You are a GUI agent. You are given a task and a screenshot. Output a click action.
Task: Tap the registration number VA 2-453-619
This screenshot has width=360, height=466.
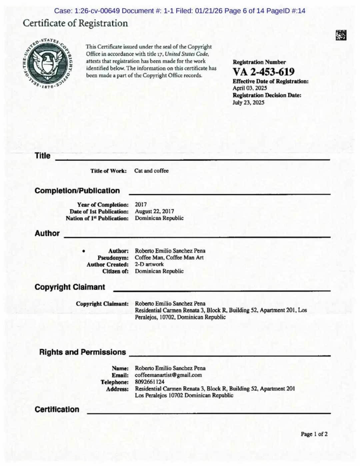[x=263, y=72]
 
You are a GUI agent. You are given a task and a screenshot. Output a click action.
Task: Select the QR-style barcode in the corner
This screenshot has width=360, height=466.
[x=341, y=35]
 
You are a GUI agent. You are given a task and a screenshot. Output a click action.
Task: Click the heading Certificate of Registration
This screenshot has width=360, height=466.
[x=75, y=23]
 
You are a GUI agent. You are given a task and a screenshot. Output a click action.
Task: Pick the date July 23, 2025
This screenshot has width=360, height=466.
[x=248, y=102]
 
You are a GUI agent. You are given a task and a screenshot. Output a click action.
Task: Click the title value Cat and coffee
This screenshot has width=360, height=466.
[x=151, y=171]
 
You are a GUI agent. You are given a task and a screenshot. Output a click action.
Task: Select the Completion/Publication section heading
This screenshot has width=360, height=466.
[x=77, y=191]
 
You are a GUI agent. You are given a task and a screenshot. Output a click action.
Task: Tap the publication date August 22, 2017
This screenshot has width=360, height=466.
[x=154, y=211]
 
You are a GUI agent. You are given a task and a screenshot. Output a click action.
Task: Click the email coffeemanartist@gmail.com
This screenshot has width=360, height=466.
[x=168, y=375]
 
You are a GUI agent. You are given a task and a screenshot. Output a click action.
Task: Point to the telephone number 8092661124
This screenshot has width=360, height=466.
[x=150, y=382]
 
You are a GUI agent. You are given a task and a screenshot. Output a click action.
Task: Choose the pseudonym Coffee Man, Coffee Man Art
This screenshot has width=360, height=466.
[x=169, y=257]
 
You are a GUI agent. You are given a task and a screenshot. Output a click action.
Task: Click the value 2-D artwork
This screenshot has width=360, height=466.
[x=149, y=264]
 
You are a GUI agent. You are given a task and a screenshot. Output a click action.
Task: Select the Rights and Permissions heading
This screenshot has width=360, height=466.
[x=82, y=352]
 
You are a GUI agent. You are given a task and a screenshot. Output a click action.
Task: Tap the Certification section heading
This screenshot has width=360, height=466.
[x=57, y=409]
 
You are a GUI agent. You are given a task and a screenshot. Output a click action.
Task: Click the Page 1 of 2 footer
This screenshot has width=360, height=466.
[x=314, y=434]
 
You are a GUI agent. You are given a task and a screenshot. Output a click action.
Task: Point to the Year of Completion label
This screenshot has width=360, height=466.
[x=103, y=205]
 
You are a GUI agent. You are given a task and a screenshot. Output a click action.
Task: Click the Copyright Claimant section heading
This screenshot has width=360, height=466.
[x=70, y=287]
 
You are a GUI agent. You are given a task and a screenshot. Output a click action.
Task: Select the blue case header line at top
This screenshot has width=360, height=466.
[x=180, y=11]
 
